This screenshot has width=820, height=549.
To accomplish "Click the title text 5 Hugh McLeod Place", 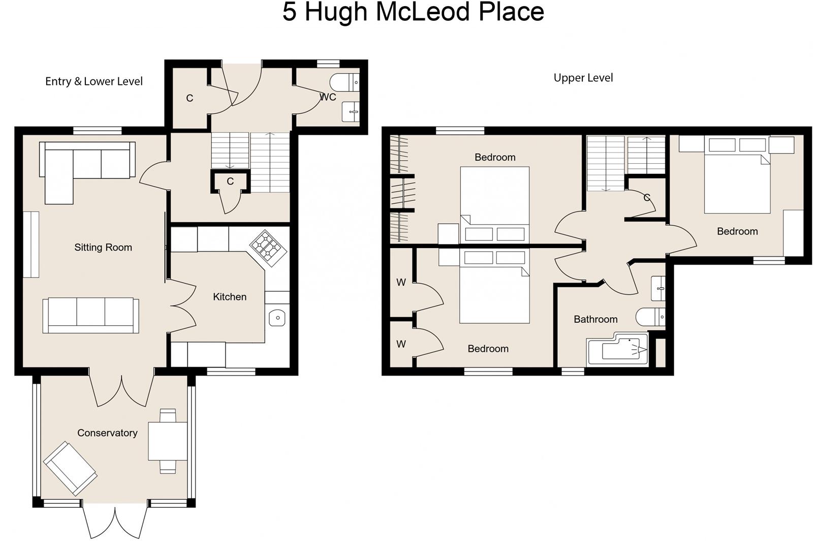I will click(413, 12).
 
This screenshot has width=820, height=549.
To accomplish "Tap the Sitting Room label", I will click(103, 248).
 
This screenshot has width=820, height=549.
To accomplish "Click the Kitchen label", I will click(230, 297).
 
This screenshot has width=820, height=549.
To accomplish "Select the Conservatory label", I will click(107, 433).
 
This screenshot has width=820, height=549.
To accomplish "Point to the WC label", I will click(328, 97).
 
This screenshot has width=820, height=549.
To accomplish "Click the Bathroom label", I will click(595, 319).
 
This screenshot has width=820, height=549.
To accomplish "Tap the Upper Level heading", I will click(583, 78).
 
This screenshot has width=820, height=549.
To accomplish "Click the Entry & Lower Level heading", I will click(94, 81).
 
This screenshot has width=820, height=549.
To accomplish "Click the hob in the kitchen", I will click(268, 248).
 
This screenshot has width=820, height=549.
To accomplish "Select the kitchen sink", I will click(277, 318).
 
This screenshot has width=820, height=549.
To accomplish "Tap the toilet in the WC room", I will click(343, 82).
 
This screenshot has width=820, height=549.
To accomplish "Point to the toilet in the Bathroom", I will click(649, 317).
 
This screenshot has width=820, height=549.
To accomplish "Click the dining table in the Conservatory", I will click(168, 441).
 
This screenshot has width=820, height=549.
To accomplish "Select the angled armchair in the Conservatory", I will click(70, 468).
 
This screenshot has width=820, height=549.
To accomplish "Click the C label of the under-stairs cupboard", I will click(230, 181).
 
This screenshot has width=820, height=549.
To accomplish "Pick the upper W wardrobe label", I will click(401, 283).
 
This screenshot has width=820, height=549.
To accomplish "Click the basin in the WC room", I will click(351, 112).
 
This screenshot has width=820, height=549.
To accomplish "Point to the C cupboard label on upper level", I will click(647, 197).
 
